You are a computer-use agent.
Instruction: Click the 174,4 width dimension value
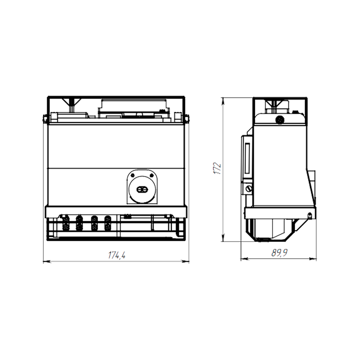coord(117,255)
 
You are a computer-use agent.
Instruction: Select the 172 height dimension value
coord(217,168)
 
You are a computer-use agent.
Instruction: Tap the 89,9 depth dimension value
coord(279,253)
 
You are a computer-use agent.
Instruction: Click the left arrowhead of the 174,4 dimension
coord(47,261)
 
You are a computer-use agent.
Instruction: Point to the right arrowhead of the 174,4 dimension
coord(185,261)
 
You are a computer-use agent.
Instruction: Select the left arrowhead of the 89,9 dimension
coord(244,259)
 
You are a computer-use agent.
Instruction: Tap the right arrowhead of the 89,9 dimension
coord(313,259)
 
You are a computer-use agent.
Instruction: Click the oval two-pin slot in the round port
coord(142,190)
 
